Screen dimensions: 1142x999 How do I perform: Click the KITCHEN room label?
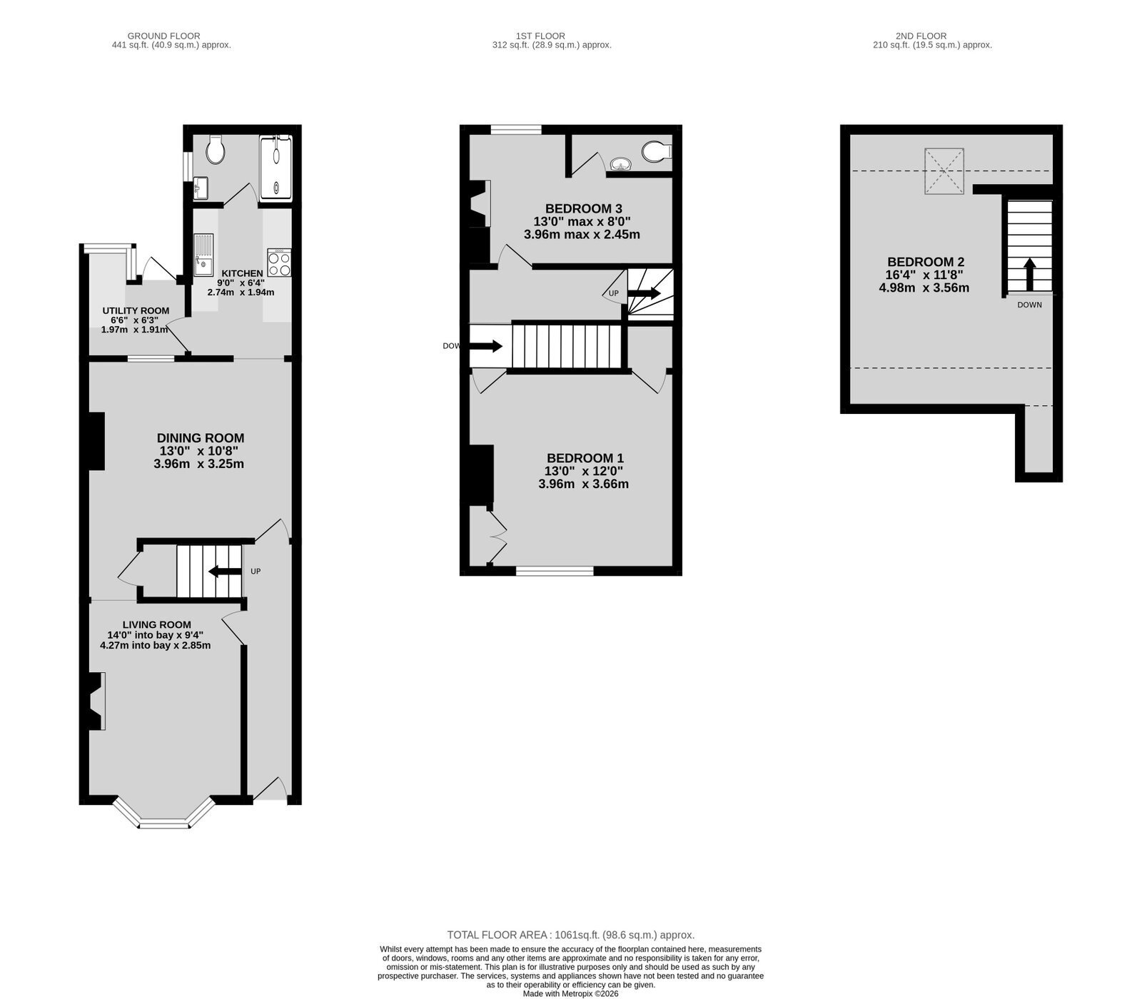pos(242,273)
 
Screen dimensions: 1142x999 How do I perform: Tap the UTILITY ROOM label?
pos(136,310)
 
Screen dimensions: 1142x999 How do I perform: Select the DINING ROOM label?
pos(201,438)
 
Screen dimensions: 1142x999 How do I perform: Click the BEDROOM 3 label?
pos(583,208)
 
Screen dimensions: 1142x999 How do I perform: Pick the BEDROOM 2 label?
pos(926,262)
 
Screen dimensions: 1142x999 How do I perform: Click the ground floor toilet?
pos(215,149)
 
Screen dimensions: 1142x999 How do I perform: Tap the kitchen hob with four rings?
pos(279,263)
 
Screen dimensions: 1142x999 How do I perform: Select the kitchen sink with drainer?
pos(203,255)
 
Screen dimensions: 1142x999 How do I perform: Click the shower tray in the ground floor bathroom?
pos(275,168)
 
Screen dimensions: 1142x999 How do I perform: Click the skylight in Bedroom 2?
pos(944,171)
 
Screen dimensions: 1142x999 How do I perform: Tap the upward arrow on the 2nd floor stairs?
pos(1029,274)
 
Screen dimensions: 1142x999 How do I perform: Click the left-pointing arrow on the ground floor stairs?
pos(224,571)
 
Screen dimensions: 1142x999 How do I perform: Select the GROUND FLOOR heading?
pos(163,36)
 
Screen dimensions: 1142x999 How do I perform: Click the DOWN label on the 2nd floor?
pos(1029,305)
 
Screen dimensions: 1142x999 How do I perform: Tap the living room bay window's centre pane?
pos(164,824)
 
